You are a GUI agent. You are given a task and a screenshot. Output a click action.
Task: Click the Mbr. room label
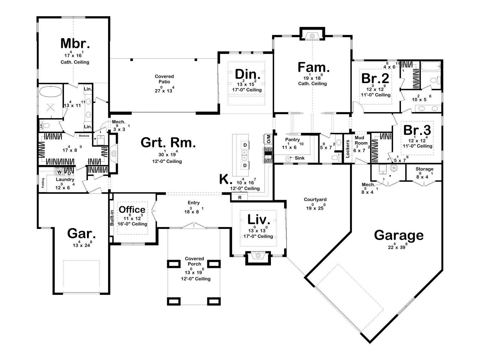75,43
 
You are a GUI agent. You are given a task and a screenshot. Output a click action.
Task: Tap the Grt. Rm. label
168,142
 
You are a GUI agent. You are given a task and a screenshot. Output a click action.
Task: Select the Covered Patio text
164,79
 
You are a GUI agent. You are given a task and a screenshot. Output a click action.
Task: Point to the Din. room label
247,74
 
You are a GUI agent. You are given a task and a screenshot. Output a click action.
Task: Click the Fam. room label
313,67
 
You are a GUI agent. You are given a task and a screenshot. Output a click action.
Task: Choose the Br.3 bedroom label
417,130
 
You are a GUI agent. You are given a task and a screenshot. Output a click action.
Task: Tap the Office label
132,210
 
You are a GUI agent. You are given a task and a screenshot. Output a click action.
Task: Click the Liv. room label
259,219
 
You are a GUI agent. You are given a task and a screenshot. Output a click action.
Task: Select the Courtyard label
315,199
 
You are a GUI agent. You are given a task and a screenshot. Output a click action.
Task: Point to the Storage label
424,169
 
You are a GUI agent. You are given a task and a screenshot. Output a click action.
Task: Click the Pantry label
292,139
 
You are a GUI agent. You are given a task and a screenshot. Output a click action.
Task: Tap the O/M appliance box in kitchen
268,139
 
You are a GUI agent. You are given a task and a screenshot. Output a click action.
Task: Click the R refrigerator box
240,197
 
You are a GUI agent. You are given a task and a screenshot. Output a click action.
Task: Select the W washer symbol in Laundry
59,172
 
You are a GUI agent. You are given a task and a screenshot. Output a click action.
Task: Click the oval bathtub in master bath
51,92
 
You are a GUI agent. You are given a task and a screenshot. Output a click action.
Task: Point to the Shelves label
84,136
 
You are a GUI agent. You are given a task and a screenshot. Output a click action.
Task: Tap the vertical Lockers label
347,148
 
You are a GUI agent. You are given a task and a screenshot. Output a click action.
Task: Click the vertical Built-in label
112,218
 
